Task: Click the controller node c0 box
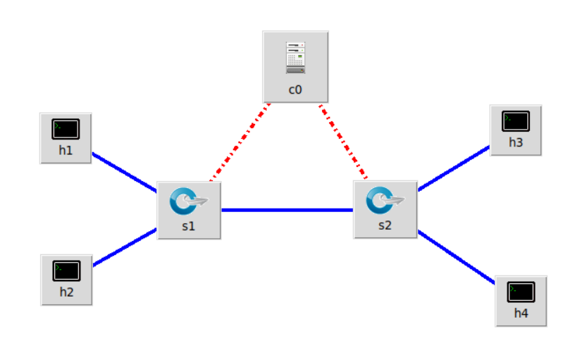295,67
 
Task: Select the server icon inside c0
295,58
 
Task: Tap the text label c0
295,89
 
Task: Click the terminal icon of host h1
66,130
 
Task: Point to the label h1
66,151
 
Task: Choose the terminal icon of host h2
66,271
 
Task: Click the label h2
66,292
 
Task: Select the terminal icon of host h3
516,121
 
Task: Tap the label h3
516,142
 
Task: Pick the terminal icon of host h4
521,291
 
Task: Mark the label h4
521,313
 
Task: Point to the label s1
189,227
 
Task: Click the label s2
385,226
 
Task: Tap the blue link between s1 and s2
287,210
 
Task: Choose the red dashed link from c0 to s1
240,143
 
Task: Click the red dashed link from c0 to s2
343,142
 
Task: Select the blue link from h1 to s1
124,172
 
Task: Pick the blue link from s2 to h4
457,257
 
